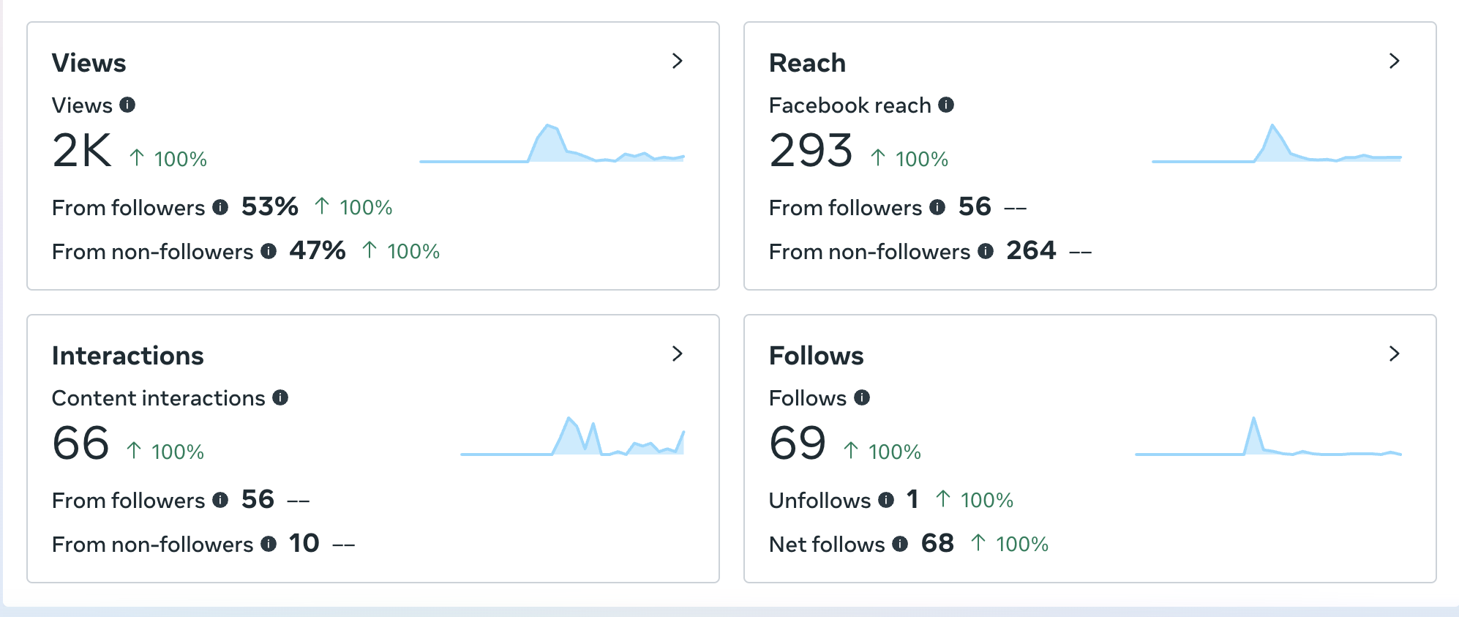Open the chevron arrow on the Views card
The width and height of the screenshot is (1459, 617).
point(678,61)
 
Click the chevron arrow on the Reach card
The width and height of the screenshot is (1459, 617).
point(1394,61)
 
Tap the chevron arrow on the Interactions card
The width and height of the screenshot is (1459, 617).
point(678,354)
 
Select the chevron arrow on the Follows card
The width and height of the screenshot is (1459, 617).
point(1394,354)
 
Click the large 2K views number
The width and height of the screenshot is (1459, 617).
point(82,151)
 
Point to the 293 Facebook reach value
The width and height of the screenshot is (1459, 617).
point(811,151)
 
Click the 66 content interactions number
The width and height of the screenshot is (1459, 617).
point(80,444)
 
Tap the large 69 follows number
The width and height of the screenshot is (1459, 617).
point(798,444)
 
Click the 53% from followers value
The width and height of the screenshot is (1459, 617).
point(270,207)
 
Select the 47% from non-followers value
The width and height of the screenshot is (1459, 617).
point(318,251)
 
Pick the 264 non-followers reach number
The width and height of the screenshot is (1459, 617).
point(1031,251)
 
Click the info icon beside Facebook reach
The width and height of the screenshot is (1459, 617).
point(946,105)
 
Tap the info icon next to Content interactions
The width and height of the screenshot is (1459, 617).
point(280,397)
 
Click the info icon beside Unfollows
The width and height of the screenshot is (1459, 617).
point(886,500)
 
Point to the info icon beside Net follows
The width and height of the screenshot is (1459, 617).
point(900,544)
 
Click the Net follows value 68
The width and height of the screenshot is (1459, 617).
point(937,544)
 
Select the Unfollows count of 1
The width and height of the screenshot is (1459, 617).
point(912,500)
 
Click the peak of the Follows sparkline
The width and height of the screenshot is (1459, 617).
point(1253,419)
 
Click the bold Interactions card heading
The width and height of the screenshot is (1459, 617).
point(128,356)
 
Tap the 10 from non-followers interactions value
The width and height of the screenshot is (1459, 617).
point(304,544)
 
